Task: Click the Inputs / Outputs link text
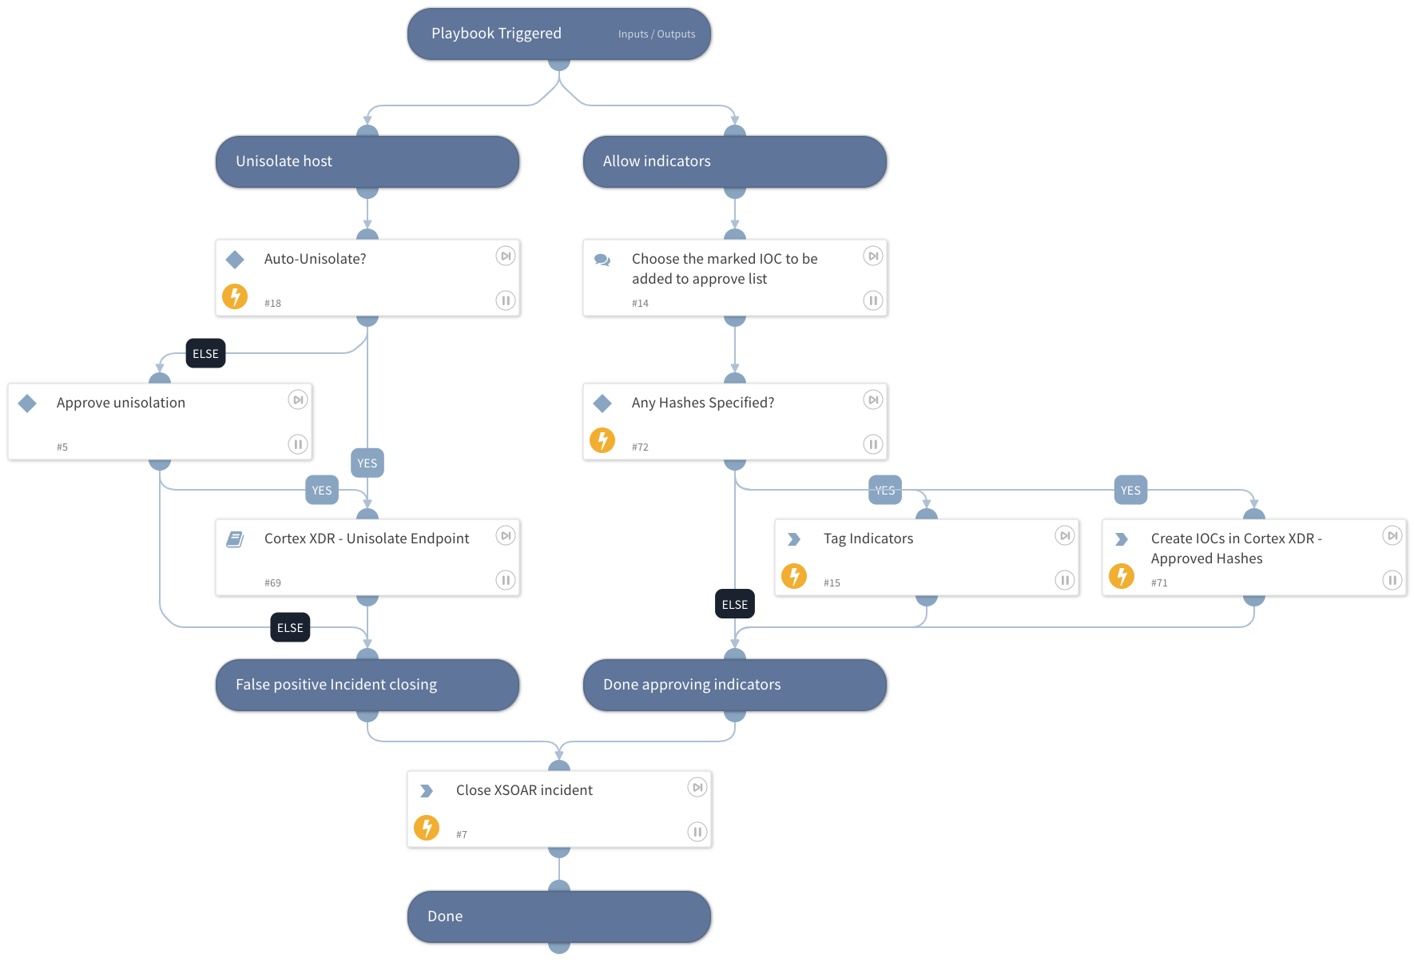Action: [656, 34]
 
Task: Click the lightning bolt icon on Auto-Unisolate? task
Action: [235, 296]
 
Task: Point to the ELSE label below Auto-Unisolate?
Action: [205, 353]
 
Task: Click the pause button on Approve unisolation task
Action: [297, 444]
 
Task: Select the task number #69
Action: [272, 583]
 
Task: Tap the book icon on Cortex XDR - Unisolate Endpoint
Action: [235, 539]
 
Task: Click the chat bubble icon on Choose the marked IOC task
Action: [602, 260]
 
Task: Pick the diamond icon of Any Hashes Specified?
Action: [602, 403]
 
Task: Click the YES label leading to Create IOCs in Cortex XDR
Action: [1130, 491]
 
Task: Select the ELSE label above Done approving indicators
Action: [734, 604]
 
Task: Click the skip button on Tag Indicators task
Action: [1064, 535]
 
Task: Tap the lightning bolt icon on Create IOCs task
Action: [1122, 576]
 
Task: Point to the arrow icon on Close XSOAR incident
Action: [427, 791]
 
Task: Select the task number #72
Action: [640, 447]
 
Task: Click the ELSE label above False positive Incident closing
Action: [290, 628]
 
